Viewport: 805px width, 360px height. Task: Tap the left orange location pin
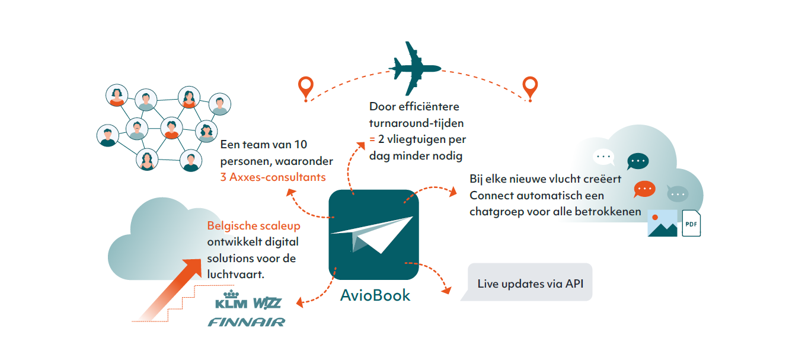tap(306, 88)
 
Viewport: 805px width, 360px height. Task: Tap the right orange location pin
tap(529, 87)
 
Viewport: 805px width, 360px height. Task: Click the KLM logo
tap(231, 301)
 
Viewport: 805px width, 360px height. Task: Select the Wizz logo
tap(267, 303)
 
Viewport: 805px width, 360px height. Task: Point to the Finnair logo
tap(246, 322)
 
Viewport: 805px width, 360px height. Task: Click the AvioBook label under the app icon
tap(375, 295)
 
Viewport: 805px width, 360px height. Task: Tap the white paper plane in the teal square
tap(373, 234)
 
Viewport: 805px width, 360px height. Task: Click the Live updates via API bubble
tap(530, 283)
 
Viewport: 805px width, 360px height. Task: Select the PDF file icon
tap(691, 224)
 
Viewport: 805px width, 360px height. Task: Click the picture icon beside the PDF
tap(662, 223)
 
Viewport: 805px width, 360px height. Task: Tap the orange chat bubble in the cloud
tap(644, 188)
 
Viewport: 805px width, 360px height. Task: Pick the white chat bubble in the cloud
tap(603, 157)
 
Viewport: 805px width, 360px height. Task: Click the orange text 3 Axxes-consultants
tap(273, 177)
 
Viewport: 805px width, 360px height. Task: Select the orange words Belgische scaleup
tap(254, 226)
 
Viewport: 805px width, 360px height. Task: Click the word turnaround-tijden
tap(417, 123)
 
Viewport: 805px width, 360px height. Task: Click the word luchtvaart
tap(234, 275)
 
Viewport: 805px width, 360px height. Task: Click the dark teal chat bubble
tap(638, 161)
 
